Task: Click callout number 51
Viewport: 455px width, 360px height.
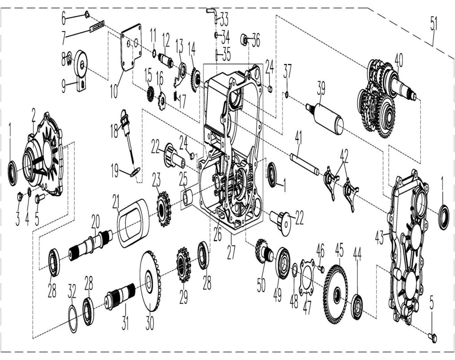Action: click(433, 24)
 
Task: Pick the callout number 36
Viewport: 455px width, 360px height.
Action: click(255, 42)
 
